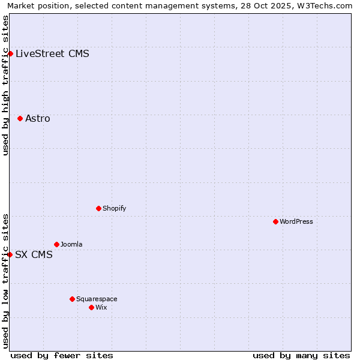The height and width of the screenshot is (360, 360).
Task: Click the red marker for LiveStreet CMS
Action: click(10, 54)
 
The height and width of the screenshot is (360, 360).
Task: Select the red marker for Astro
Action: click(20, 119)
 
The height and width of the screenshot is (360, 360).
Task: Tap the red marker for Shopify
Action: click(98, 209)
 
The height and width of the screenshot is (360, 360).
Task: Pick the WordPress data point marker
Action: click(275, 222)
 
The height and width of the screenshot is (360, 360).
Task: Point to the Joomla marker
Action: click(56, 245)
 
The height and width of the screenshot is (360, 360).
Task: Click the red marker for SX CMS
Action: click(10, 255)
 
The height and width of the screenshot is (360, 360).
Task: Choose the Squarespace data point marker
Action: click(72, 299)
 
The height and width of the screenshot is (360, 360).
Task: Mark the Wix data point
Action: click(91, 308)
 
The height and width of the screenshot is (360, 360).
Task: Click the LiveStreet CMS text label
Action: click(52, 54)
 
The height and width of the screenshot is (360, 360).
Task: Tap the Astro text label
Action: click(38, 119)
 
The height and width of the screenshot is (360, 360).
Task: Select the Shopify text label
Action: click(114, 209)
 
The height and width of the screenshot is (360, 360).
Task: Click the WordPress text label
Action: click(296, 222)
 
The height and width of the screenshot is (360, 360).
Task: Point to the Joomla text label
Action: click(71, 245)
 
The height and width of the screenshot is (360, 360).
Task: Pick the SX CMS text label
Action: click(34, 255)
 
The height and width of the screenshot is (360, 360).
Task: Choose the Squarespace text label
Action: click(97, 299)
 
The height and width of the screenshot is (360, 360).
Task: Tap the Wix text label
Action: click(101, 308)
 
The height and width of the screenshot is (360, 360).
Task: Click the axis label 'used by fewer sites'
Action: click(62, 355)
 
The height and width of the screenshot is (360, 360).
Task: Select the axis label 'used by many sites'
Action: click(301, 355)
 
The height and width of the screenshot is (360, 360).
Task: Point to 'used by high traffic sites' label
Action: click(5, 85)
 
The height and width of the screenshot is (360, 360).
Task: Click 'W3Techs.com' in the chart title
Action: click(323, 6)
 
